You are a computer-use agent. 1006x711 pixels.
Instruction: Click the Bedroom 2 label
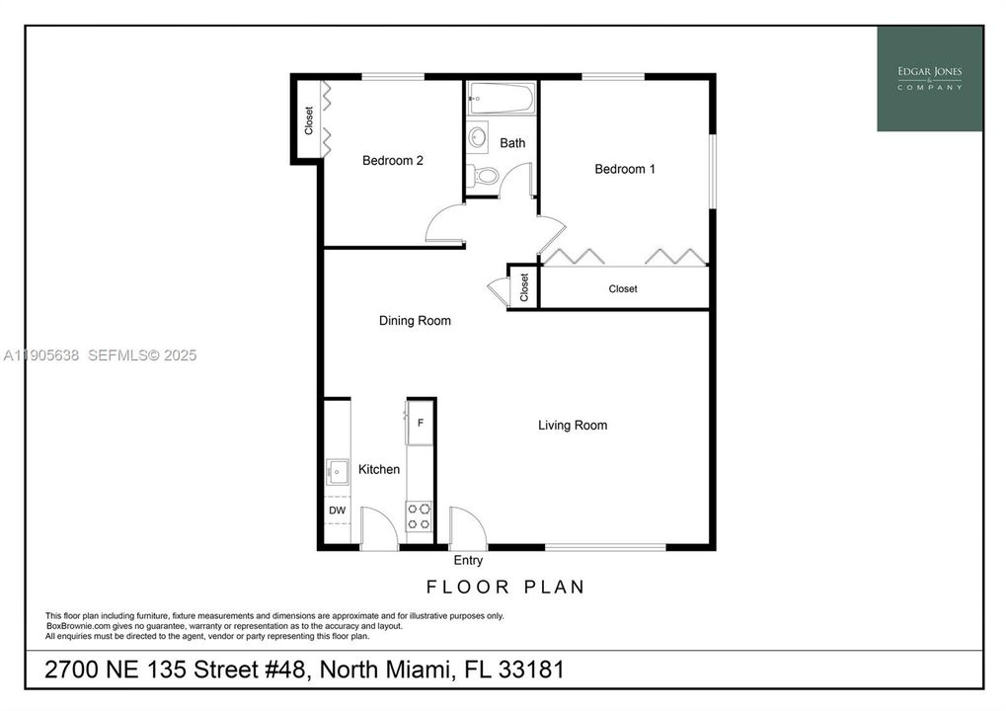pyautogui.click(x=393, y=160)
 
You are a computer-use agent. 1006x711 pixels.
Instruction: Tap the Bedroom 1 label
pyautogui.click(x=625, y=169)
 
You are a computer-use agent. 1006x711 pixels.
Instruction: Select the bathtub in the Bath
pyautogui.click(x=502, y=98)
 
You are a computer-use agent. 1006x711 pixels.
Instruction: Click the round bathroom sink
pyautogui.click(x=478, y=136)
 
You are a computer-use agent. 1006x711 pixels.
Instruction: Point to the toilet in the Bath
pyautogui.click(x=483, y=175)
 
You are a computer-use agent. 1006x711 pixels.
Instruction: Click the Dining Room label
pyautogui.click(x=415, y=320)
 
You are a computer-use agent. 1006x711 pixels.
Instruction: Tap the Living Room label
pyautogui.click(x=573, y=425)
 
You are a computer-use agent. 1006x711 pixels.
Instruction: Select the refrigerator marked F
pyautogui.click(x=420, y=423)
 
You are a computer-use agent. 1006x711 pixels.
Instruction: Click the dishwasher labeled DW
pyautogui.click(x=337, y=511)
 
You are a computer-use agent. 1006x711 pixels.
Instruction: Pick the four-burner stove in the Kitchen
pyautogui.click(x=419, y=516)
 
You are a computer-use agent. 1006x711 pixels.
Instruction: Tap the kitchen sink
pyautogui.click(x=337, y=472)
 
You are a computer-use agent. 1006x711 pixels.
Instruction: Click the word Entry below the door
pyautogui.click(x=468, y=560)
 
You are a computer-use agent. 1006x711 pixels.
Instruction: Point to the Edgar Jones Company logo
pyautogui.click(x=930, y=79)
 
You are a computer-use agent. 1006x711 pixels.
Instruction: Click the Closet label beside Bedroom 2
pyautogui.click(x=309, y=120)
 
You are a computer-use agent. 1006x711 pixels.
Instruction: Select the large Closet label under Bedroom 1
pyautogui.click(x=622, y=288)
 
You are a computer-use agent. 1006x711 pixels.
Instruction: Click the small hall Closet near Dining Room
pyautogui.click(x=523, y=286)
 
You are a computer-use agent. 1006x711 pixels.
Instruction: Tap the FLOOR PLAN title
pyautogui.click(x=505, y=587)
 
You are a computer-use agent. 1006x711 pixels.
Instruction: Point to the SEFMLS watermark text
pyautogui.click(x=142, y=355)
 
